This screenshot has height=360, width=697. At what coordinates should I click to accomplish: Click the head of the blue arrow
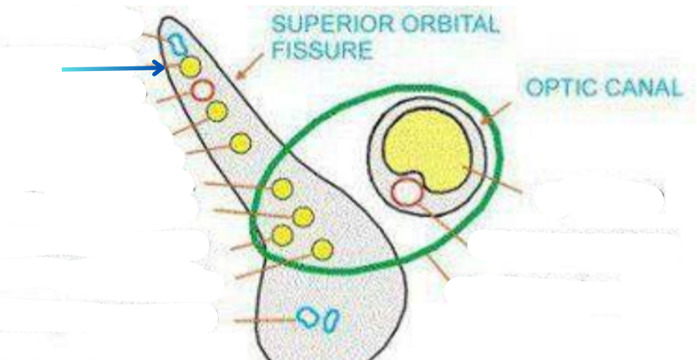coord(162,70)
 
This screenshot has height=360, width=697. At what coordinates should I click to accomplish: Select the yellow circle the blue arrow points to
coord(189,68)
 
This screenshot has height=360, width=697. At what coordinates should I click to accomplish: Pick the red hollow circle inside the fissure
coord(202,90)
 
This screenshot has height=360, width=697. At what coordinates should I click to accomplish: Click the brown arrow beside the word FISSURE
coord(249,69)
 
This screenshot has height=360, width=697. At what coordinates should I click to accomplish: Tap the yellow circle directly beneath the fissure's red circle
coord(216,112)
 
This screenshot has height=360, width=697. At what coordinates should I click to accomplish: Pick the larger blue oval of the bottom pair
coord(309,318)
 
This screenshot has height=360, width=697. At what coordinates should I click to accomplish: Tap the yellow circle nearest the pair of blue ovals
coord(323,249)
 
